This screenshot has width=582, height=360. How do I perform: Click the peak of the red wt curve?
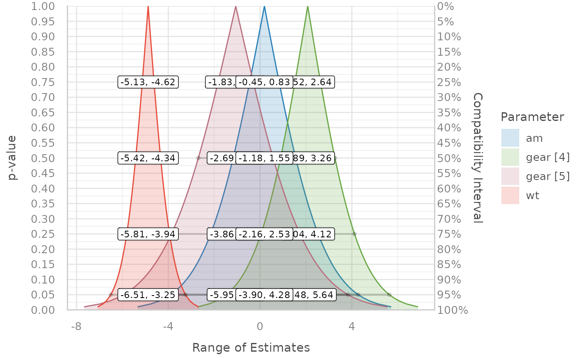pos(148,7)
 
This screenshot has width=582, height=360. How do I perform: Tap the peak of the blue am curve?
pos(264,7)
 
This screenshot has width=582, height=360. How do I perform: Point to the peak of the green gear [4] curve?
pos(308,7)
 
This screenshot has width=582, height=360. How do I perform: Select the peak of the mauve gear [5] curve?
pos(236,7)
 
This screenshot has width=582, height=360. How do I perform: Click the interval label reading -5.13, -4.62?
pos(148,82)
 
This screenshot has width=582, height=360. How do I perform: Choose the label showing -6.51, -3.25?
pos(148,295)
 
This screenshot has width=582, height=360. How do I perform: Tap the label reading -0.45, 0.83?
pos(264,82)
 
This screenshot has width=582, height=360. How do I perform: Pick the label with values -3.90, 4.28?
pos(264,295)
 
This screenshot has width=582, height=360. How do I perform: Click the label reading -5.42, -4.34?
pos(148,158)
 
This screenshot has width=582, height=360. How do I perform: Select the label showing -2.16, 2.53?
pos(264,234)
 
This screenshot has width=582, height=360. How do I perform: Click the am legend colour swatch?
pos(510,138)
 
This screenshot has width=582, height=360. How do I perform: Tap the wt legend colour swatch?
pos(510,195)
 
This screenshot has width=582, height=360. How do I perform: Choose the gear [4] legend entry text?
pos(547,158)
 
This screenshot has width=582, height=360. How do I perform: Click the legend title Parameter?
pos(532,117)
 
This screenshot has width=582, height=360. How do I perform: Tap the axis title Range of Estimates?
pos(251,348)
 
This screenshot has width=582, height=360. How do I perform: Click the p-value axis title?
pos(13,158)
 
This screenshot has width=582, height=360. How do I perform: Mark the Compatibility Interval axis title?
pos(478,158)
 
